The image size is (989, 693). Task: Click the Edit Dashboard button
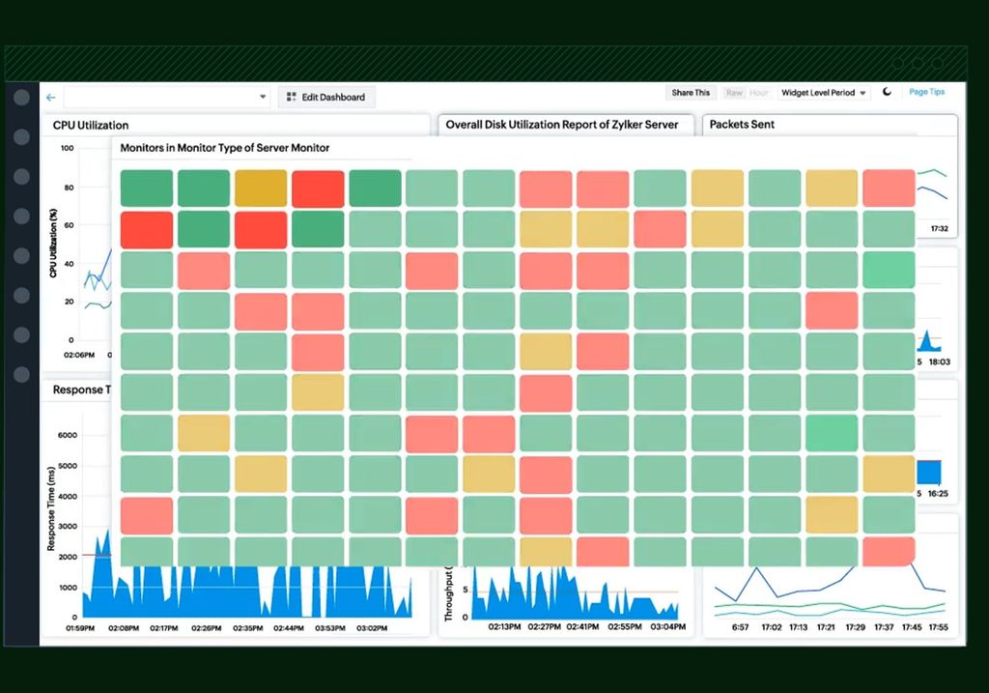click(326, 97)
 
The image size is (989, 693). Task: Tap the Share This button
click(691, 93)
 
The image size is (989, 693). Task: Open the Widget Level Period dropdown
click(823, 93)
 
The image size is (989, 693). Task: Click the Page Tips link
click(926, 92)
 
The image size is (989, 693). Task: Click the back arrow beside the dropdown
click(50, 97)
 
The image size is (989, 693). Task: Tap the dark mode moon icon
click(888, 93)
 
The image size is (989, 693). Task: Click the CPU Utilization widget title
click(90, 125)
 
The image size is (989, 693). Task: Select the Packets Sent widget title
click(742, 124)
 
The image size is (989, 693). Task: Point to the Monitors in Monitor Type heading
click(224, 148)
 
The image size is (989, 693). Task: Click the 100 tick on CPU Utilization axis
click(67, 148)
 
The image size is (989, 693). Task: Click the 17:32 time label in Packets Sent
click(939, 229)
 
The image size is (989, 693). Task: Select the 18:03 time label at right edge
click(939, 361)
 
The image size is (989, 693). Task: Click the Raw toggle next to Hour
click(734, 93)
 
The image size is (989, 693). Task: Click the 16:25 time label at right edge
click(939, 493)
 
